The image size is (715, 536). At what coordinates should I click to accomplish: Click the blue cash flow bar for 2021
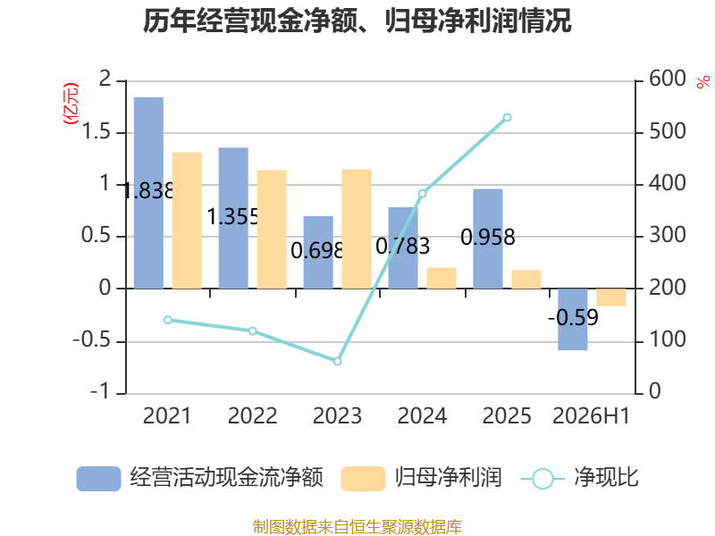tap(148, 193)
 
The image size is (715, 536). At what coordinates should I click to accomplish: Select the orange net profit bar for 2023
tap(357, 229)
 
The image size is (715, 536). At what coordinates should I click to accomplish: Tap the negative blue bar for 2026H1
tap(573, 319)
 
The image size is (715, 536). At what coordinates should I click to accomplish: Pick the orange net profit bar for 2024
tap(442, 278)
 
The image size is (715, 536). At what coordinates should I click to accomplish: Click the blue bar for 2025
tap(488, 239)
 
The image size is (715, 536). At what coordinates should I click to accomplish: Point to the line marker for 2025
tap(507, 118)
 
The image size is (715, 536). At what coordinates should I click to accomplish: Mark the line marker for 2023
tap(338, 362)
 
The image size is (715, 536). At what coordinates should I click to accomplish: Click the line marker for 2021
tap(168, 320)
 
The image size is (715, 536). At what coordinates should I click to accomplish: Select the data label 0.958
tap(488, 238)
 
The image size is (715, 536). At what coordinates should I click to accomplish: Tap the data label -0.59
tap(573, 317)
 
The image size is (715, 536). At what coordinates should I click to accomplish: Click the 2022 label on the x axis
tap(252, 416)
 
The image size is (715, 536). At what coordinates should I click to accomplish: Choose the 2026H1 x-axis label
tap(591, 416)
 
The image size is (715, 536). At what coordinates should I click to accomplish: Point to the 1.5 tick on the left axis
tap(97, 132)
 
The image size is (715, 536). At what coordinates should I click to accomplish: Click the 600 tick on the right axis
tap(668, 79)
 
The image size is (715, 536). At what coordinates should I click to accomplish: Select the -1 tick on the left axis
tap(101, 391)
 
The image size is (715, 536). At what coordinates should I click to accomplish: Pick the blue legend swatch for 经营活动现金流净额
tap(98, 479)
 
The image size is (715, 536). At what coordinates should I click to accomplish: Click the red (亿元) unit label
tap(71, 104)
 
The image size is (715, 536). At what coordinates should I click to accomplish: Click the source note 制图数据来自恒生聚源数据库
tap(357, 527)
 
